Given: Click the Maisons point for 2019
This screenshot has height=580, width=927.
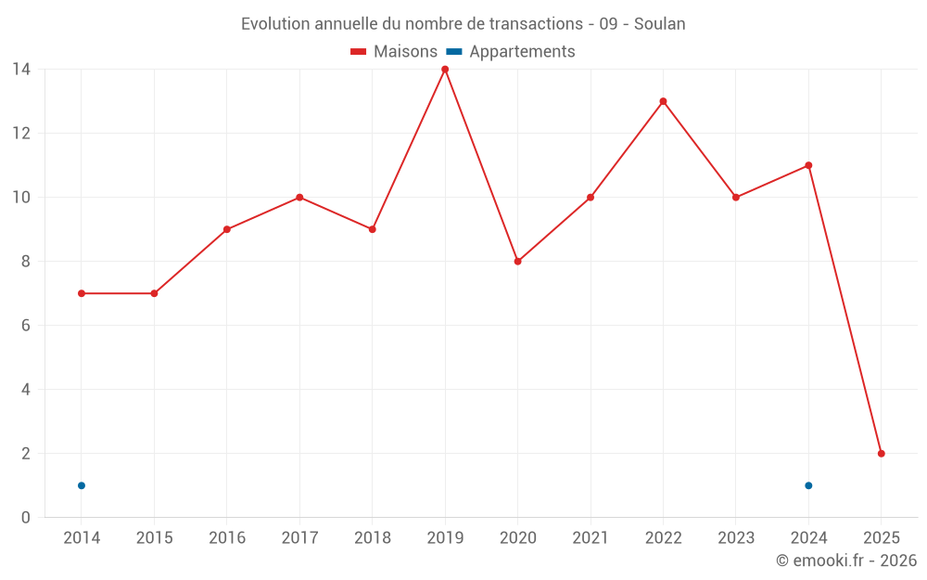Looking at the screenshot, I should pos(445,70).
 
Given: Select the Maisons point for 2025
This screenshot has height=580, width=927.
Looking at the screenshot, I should pos(881,454).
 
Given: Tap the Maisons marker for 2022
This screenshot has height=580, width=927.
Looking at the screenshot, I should pos(663,101).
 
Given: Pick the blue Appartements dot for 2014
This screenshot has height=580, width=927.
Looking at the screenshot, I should pos(82,485).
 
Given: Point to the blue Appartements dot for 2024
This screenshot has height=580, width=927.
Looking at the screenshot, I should pos(808,485).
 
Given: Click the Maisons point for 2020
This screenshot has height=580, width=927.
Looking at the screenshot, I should pos(517,262).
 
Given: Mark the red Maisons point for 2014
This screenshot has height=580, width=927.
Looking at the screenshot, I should pos(82,293).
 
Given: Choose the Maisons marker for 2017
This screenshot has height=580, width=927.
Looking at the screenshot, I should pos(299,198).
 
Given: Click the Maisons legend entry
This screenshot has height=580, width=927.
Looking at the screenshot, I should pos(394,52).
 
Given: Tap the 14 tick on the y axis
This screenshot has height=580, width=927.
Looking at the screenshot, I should pos(20,70).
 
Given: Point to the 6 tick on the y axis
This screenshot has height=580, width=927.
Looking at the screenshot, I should pos(25,326).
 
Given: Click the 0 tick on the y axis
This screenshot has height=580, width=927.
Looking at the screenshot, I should pos(25,518).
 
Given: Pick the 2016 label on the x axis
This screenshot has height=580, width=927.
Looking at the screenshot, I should pos(227,538).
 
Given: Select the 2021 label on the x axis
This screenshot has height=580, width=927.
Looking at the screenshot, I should pos(590,538).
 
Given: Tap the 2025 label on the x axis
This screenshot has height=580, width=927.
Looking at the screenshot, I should pos(881,538).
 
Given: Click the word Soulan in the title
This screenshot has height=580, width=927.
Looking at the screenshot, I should pos(660,24).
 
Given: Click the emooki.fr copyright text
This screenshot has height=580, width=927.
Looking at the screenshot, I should pos(846,561).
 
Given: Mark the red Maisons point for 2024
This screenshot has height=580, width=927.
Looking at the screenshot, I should pos(808,165).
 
